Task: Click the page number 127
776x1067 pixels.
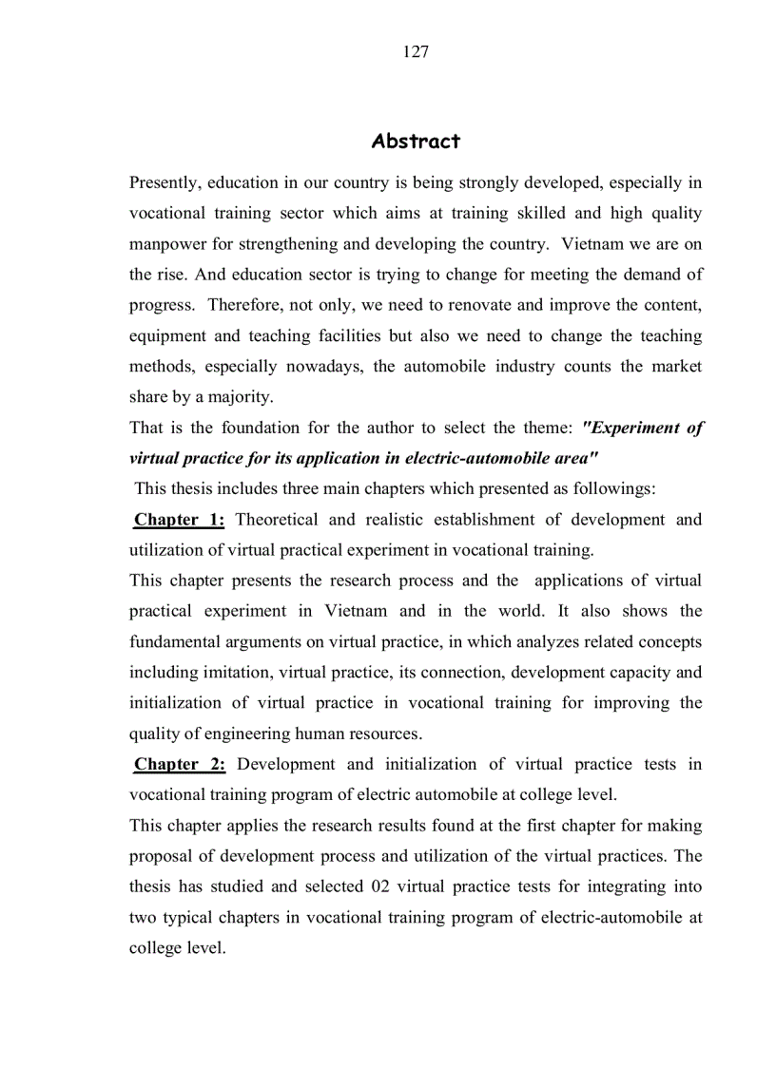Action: [x=416, y=52]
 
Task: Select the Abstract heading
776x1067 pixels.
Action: [x=416, y=142]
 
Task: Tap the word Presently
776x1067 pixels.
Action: [x=165, y=182]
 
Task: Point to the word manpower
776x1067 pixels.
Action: [x=167, y=244]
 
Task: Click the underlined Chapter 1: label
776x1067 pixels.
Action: [x=180, y=520]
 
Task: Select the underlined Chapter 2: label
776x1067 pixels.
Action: [x=180, y=764]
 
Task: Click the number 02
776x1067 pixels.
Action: [x=378, y=886]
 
